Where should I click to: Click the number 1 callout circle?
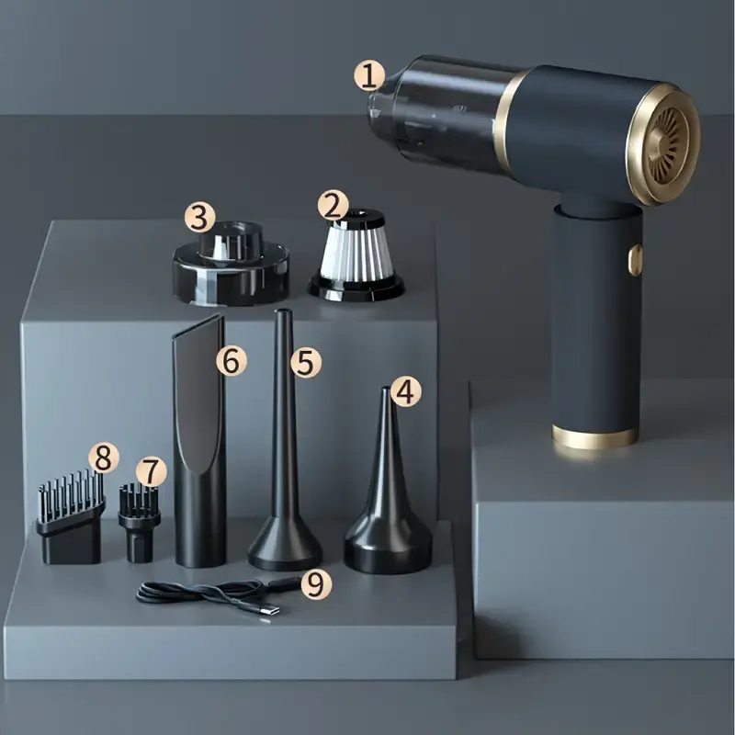tap(369, 76)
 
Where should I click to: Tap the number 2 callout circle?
tap(333, 205)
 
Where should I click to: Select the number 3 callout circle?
tap(200, 218)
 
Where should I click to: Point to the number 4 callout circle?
tap(405, 392)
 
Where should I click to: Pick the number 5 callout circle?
tap(306, 362)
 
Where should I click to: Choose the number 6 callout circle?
tap(232, 360)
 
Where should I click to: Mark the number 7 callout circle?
tap(151, 471)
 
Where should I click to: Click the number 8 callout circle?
tap(104, 458)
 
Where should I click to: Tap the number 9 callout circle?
tap(316, 583)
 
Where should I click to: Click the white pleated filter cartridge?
tap(356, 255)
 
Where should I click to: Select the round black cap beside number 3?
tap(231, 263)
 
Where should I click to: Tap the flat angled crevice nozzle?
tap(199, 441)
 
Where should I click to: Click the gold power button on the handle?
tap(635, 259)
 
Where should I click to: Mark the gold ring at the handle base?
tap(594, 437)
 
